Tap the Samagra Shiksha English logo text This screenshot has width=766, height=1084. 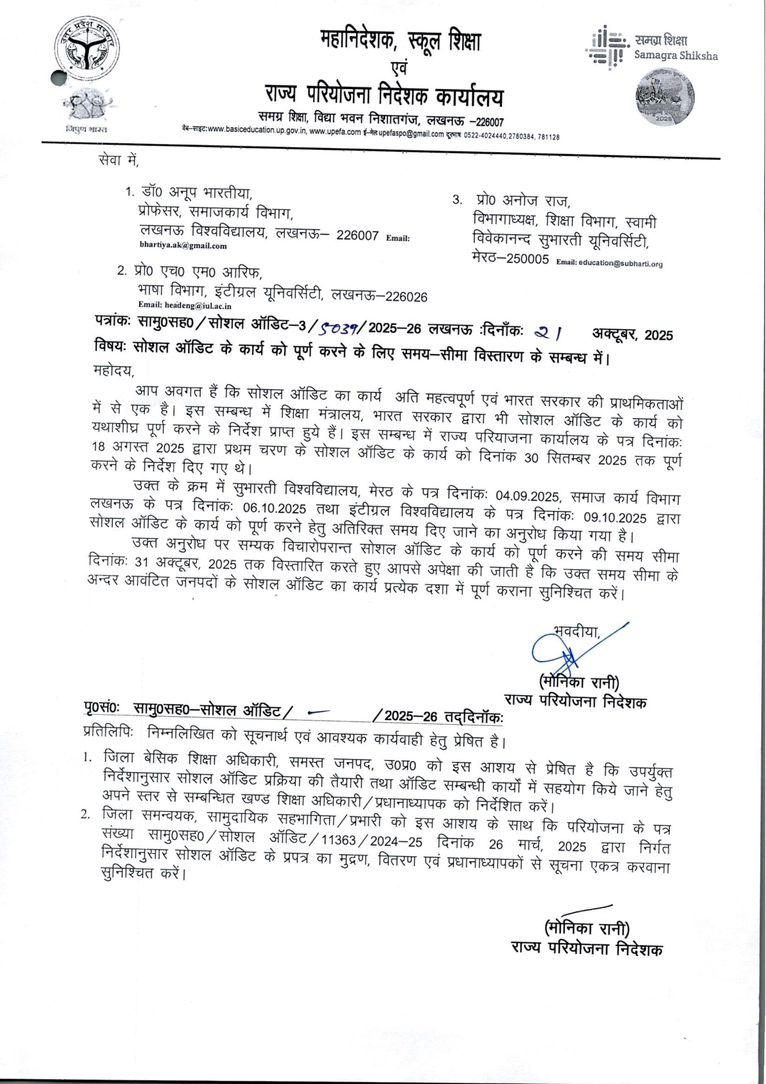pyautogui.click(x=676, y=56)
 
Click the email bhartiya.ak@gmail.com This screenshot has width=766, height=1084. pyautogui.click(x=183, y=246)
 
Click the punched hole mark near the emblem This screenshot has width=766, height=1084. pyautogui.click(x=58, y=77)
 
